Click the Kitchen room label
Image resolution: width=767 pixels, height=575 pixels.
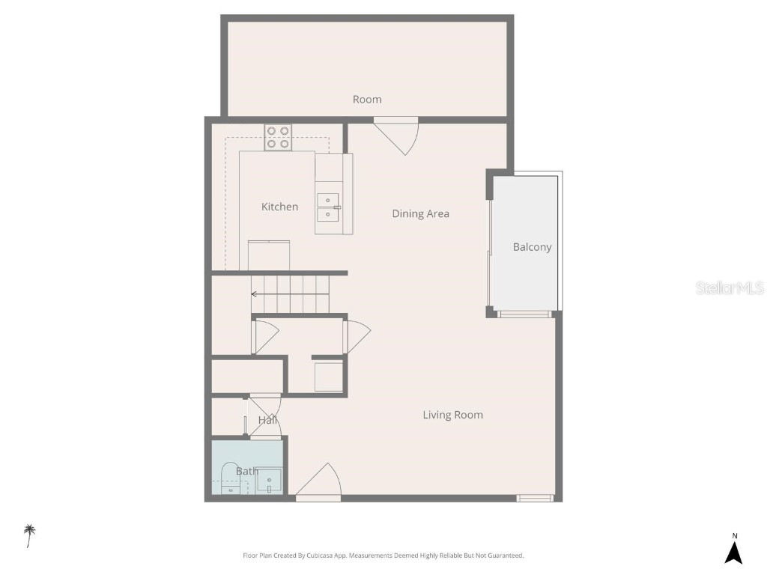point(279,207)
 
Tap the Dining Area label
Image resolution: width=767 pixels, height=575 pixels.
point(420,214)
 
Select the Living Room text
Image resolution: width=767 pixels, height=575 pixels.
point(452,415)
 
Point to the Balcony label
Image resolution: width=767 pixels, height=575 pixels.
point(532,247)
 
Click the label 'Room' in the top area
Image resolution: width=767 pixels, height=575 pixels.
point(367,100)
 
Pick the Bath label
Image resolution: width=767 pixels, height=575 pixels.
point(246,471)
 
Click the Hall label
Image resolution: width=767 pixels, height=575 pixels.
point(267,420)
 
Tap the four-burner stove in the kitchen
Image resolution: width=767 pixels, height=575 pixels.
point(278,137)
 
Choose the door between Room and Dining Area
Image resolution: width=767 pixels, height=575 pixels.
point(400,135)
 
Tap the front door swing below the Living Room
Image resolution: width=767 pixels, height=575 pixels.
point(321,482)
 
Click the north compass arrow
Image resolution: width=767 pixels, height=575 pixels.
point(734,552)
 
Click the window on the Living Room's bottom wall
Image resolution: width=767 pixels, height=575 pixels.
point(535,498)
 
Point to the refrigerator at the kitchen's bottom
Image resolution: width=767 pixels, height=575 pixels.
point(268,255)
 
